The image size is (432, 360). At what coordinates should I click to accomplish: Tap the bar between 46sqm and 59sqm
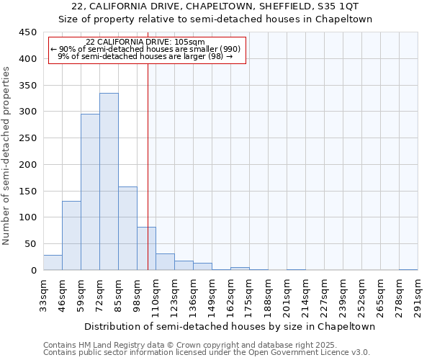coord(71,235)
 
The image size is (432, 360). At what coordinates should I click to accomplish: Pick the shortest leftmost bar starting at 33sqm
coord(53,263)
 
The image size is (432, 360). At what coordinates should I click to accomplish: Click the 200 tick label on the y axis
coord(29,165)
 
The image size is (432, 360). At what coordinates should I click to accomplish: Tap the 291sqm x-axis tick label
coord(418,297)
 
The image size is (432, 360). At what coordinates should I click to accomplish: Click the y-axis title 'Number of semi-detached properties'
coord(7,156)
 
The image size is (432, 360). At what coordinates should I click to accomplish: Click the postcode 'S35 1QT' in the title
coord(337,6)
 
